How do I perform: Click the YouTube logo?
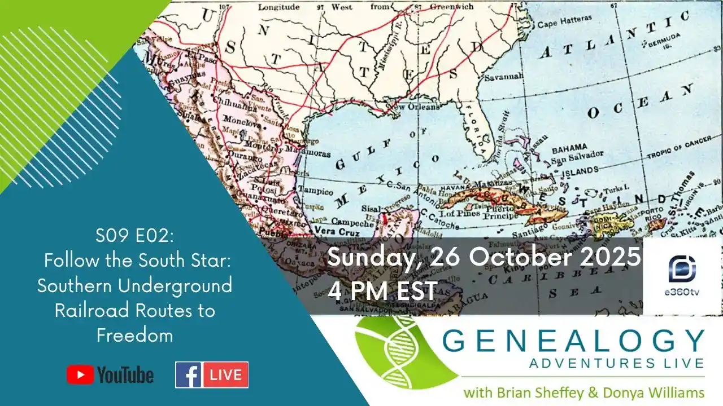pos(110,375)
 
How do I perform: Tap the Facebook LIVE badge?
pos(212,375)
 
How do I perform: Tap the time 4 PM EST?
pos(382,290)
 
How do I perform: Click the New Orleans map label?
pos(416,107)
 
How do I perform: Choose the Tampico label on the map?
pos(315,189)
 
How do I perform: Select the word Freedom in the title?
pos(134,336)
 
